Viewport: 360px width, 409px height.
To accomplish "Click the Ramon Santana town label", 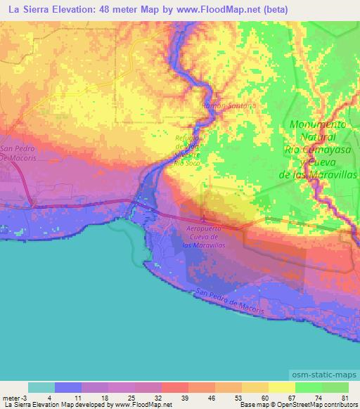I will (x=230, y=105).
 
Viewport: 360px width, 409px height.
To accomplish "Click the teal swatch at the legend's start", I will (x=41, y=387).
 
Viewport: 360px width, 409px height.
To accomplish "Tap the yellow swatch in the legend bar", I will (x=282, y=387).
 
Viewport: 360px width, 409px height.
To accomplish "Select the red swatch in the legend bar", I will (x=175, y=387).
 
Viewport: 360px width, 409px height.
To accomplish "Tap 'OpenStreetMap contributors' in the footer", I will (x=317, y=405).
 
